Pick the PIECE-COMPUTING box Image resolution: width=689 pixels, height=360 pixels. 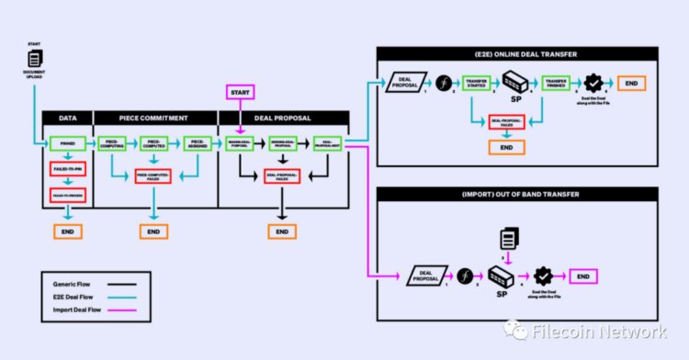point(110,143)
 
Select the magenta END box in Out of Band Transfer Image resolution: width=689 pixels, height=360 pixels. point(582,275)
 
